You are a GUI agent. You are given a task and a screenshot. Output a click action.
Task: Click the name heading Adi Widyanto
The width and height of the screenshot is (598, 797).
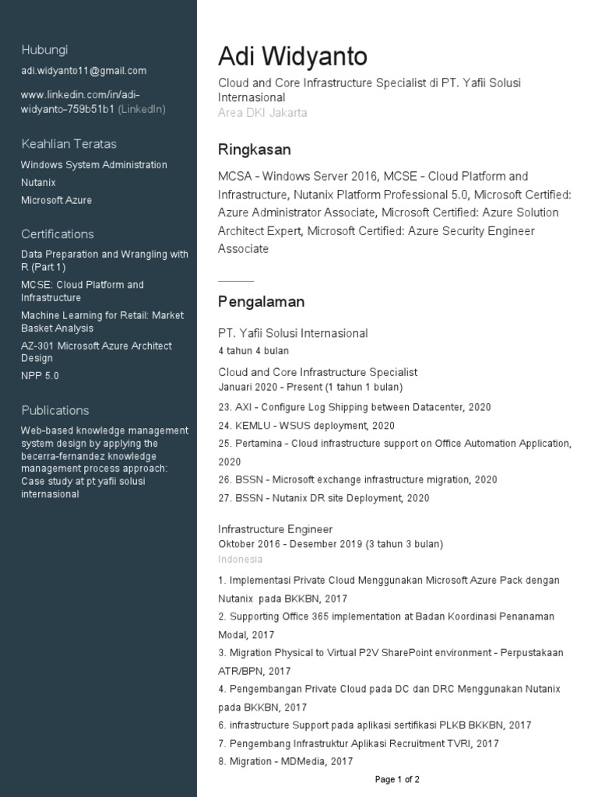pyautogui.click(x=292, y=57)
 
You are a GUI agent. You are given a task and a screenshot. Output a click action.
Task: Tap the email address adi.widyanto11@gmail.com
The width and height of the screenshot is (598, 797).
pyautogui.click(x=83, y=71)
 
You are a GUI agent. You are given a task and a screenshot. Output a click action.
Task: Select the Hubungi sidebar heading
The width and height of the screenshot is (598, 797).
pyautogui.click(x=44, y=50)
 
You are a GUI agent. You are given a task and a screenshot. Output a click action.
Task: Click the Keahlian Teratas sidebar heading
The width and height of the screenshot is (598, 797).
pyautogui.click(x=69, y=144)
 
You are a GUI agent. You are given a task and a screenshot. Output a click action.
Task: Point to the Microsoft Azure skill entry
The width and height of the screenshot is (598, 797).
pyautogui.click(x=56, y=200)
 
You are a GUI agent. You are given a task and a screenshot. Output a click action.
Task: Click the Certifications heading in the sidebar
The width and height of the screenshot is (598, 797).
pyautogui.click(x=57, y=234)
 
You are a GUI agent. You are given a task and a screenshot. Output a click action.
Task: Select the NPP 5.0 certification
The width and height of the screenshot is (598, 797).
pyautogui.click(x=40, y=376)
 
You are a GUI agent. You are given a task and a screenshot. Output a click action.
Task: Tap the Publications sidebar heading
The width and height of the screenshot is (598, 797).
pyautogui.click(x=55, y=410)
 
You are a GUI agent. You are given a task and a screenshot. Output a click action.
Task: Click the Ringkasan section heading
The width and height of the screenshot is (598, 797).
pyautogui.click(x=254, y=149)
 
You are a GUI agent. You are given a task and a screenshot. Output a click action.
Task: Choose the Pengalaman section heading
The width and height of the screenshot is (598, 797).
pyautogui.click(x=261, y=302)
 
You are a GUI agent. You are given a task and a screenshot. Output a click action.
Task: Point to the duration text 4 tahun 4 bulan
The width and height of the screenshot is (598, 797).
pyautogui.click(x=253, y=351)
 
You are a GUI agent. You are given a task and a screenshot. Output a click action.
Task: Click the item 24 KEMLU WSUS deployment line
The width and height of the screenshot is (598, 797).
pyautogui.click(x=306, y=426)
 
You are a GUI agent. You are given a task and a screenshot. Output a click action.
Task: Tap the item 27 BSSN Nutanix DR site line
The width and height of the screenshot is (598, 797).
pyautogui.click(x=323, y=498)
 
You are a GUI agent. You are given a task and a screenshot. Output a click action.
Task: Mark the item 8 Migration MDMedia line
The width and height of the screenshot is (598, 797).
pyautogui.click(x=285, y=762)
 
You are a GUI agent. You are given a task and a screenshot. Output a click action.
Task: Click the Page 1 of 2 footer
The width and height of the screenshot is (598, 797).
pyautogui.click(x=397, y=779)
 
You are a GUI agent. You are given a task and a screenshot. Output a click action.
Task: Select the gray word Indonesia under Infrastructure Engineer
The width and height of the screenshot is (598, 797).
pyautogui.click(x=240, y=560)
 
